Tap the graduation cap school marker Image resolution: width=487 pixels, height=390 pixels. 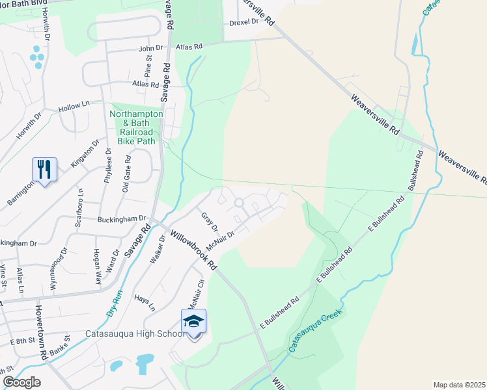pos(193,321)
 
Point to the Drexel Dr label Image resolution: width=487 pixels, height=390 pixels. pos(244,21)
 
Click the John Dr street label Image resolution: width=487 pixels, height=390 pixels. pos(150,48)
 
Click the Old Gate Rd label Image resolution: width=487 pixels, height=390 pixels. pos(127,174)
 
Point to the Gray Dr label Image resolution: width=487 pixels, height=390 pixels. pos(208,221)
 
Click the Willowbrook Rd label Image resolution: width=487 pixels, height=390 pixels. pos(193,249)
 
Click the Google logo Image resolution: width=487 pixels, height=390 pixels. pos(21,382)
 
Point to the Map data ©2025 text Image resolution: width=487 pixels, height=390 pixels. pos(459,385)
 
